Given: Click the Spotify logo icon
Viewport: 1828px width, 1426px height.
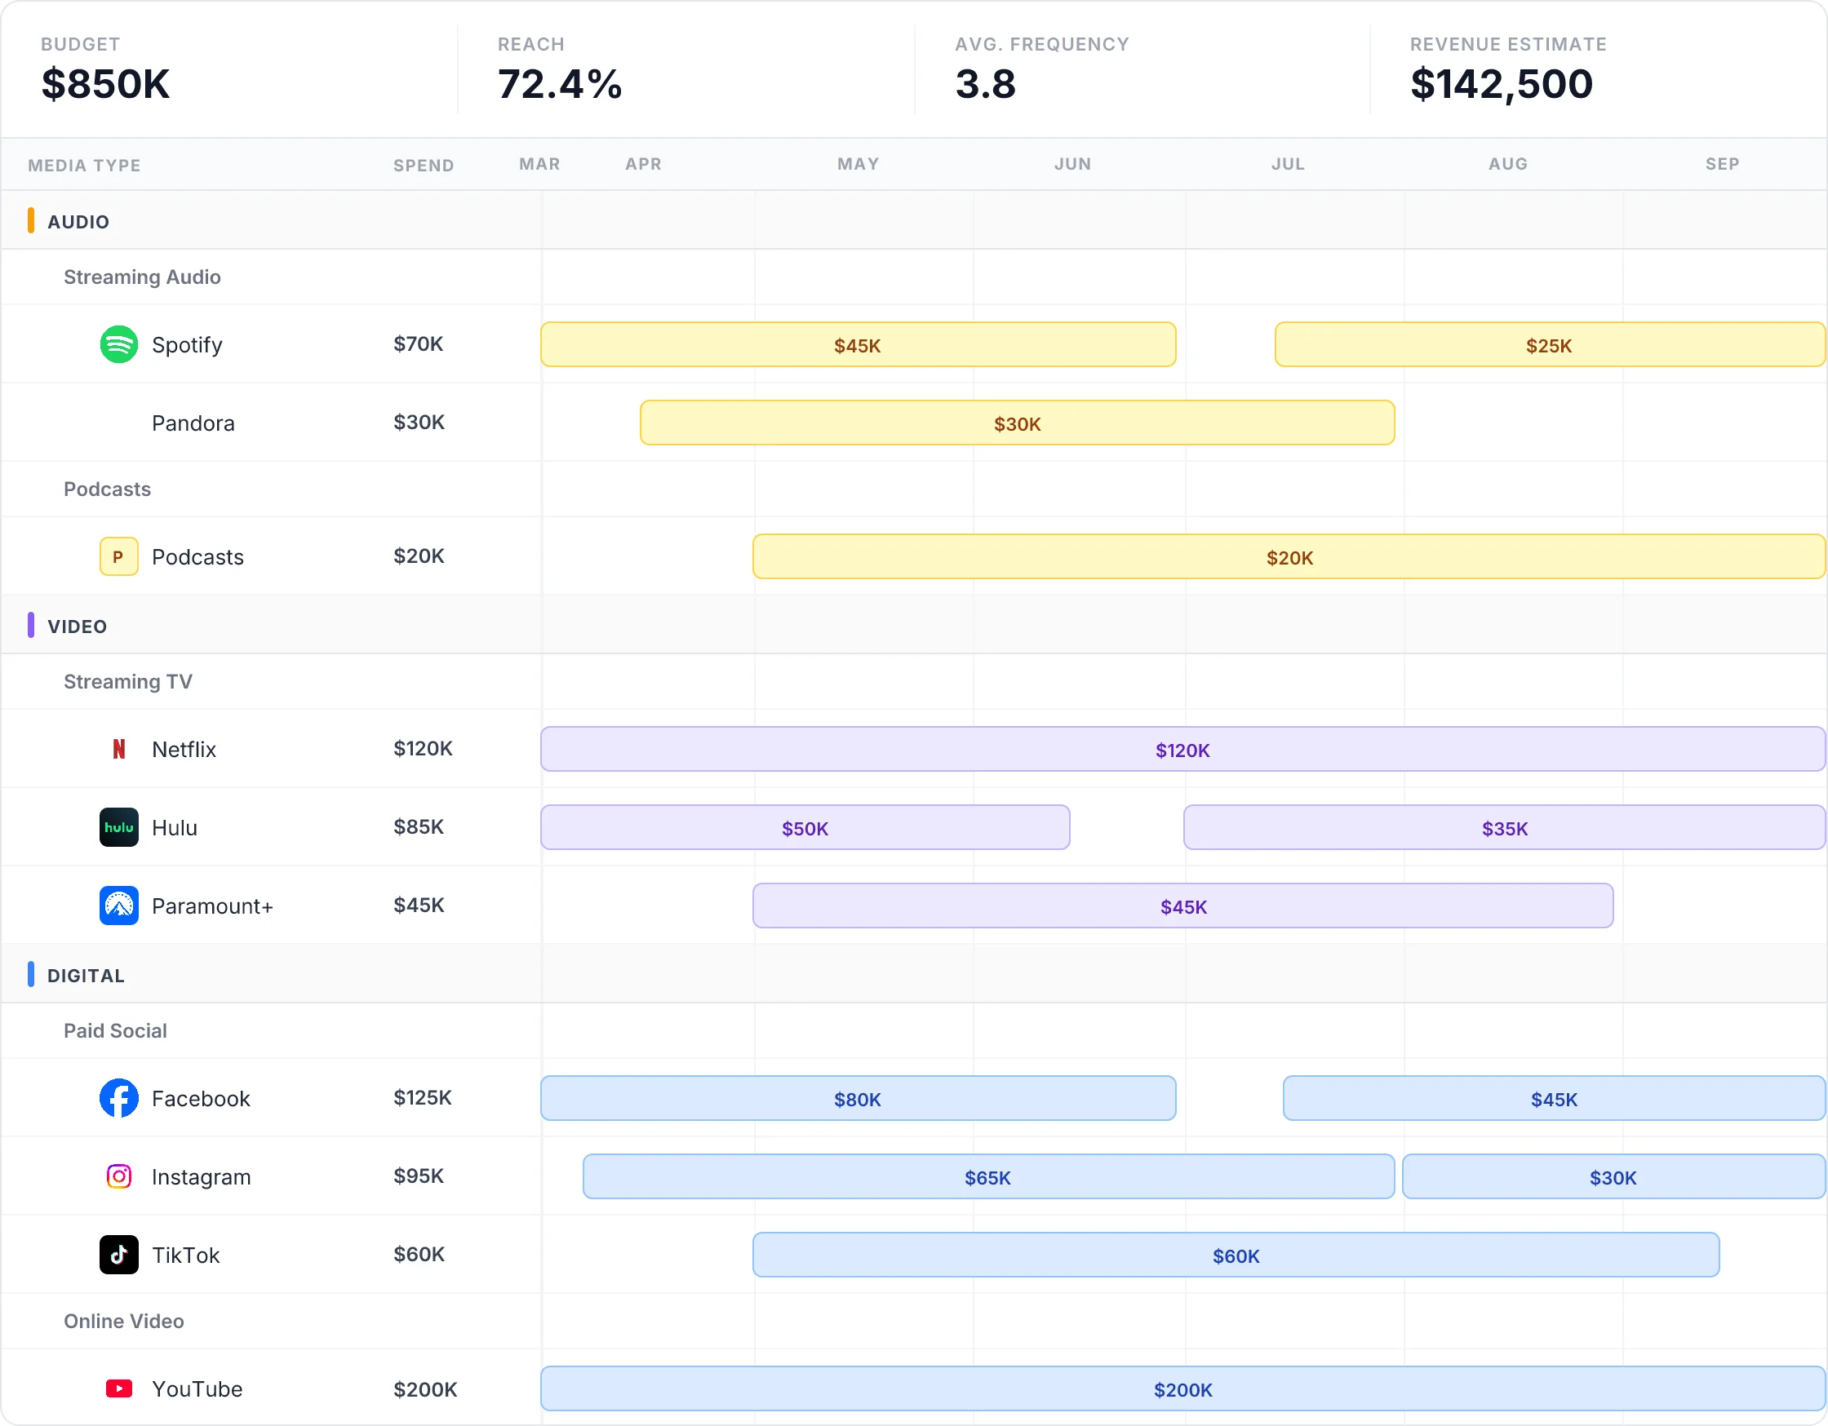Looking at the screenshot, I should click(119, 344).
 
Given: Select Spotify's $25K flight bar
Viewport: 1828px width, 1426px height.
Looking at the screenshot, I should click(1548, 345).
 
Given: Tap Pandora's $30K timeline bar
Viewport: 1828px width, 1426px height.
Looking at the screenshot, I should click(1017, 423).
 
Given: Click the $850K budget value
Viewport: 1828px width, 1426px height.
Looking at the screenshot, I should click(105, 84).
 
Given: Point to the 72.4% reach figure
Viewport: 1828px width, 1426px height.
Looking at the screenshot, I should click(559, 84).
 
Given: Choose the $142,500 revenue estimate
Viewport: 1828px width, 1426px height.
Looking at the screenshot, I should click(1501, 84).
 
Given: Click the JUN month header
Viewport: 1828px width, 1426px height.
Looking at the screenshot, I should click(1072, 164).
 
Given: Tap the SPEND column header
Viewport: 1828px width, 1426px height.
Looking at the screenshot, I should click(424, 166).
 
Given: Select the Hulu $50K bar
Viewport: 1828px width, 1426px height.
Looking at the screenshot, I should click(805, 828).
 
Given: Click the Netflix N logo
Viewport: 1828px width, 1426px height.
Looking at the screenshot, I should click(119, 749).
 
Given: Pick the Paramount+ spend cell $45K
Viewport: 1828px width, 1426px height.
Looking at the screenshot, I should click(419, 905).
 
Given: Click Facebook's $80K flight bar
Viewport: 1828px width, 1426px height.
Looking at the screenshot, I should click(857, 1099).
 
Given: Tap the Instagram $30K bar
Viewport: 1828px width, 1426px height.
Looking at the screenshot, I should click(1612, 1177).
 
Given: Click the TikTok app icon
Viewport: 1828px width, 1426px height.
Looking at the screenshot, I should click(119, 1255).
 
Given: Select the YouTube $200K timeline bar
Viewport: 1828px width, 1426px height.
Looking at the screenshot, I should click(1182, 1389).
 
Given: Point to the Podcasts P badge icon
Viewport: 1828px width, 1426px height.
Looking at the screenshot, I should click(119, 556).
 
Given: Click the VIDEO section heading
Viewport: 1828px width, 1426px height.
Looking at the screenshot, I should click(77, 626).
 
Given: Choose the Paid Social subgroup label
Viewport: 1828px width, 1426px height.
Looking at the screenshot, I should click(116, 1030).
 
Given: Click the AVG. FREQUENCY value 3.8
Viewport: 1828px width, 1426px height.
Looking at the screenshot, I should click(985, 84).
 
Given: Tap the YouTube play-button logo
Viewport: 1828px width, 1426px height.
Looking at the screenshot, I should click(119, 1388).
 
